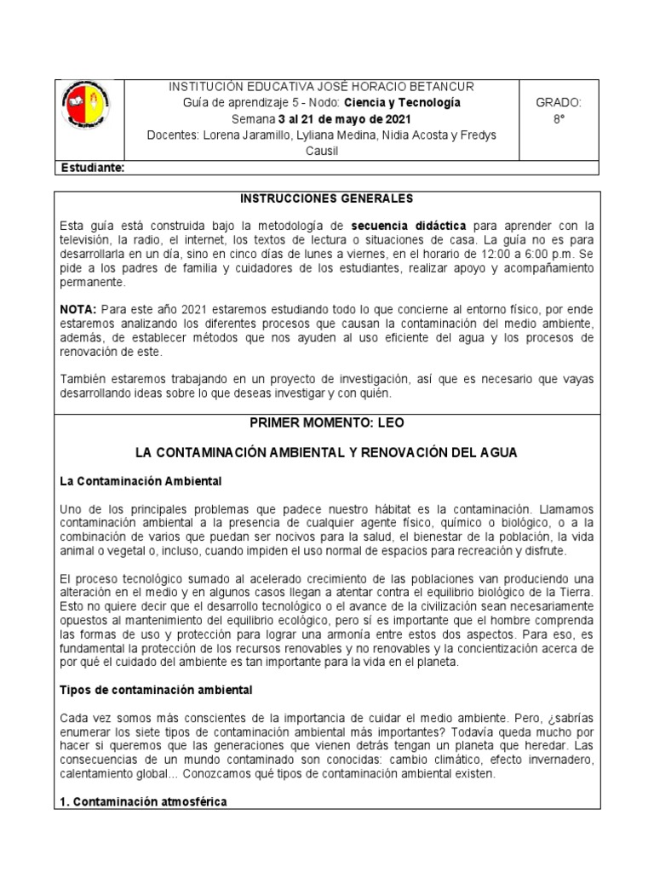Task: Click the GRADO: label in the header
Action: coord(558,103)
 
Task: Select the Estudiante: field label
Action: coord(93,169)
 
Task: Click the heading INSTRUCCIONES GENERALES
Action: coord(326,198)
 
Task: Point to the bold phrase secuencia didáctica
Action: coord(410,226)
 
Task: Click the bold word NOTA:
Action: coord(78,308)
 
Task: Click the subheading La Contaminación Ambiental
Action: coord(141,481)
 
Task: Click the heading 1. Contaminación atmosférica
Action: coord(144,801)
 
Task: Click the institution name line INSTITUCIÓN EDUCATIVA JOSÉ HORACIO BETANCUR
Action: coord(323,87)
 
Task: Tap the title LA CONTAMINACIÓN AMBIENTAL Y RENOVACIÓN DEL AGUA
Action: coord(326,454)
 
